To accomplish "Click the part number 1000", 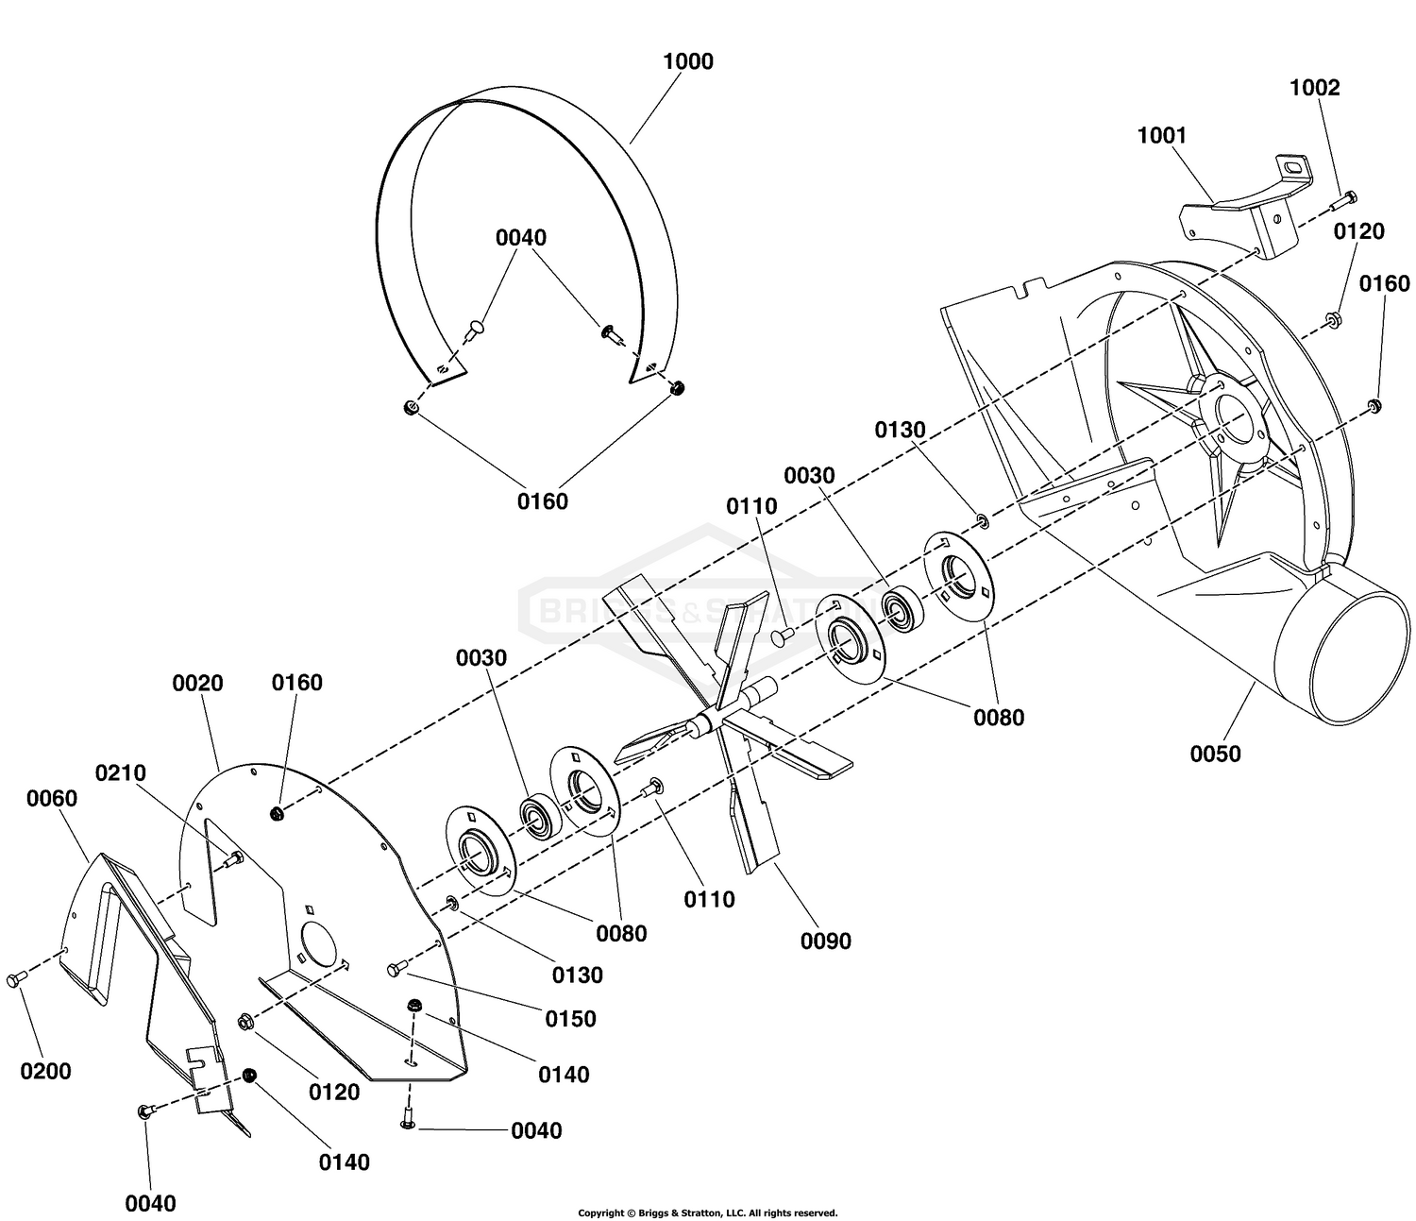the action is coord(688,61).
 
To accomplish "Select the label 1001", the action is coord(1161,136).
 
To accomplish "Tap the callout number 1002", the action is coord(1315,88).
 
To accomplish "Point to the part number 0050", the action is coord(1215,754).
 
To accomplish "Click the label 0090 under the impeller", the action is coord(825,941).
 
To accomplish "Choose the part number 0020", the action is coord(197,683).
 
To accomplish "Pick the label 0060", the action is coord(52,798).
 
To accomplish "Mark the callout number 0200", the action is coord(45,1071).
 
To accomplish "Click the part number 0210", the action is coord(121,772).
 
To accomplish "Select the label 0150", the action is coord(570,1019).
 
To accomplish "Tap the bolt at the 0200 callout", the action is coord(16,978).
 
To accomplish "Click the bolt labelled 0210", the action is coord(233,857).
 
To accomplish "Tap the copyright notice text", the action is coord(708,1213).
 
